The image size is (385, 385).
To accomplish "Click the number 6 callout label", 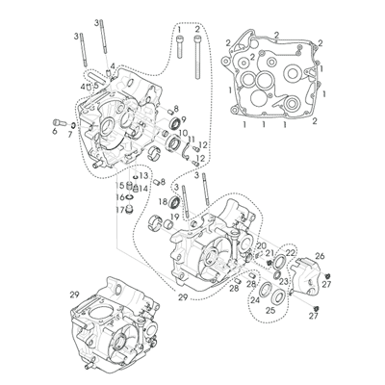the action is pyautogui.click(x=54, y=131).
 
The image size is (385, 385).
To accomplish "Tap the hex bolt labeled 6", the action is pyautogui.click(x=59, y=122).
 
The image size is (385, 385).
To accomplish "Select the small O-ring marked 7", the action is pyautogui.click(x=73, y=124).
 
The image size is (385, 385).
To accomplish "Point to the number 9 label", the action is pyautogui.click(x=184, y=119).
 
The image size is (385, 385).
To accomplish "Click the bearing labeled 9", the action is pyautogui.click(x=175, y=123).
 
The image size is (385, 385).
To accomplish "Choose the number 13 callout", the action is pyautogui.click(x=143, y=175).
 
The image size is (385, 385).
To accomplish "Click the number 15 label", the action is pyautogui.click(x=120, y=186).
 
